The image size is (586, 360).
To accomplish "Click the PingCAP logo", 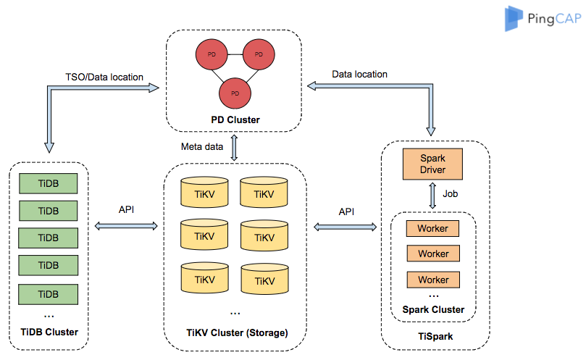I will click(x=543, y=18).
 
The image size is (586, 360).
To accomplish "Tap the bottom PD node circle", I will click(x=235, y=93).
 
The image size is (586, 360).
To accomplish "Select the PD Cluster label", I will click(x=235, y=120).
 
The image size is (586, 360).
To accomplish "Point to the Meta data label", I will click(x=201, y=147).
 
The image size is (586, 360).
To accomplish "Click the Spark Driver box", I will click(x=433, y=164).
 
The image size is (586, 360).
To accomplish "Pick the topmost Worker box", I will click(x=433, y=228).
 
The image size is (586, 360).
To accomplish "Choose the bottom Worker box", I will click(x=433, y=279).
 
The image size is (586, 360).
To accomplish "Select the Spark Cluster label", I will click(x=433, y=310).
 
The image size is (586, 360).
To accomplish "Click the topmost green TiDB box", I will click(x=48, y=183).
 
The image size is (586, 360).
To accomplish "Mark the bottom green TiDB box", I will click(x=48, y=293).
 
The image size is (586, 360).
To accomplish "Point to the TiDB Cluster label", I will click(x=49, y=332).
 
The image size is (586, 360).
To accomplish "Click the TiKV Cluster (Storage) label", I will click(x=236, y=333).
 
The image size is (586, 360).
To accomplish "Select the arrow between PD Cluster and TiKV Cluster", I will click(x=234, y=146).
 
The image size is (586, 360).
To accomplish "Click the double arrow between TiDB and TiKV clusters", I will click(x=126, y=226).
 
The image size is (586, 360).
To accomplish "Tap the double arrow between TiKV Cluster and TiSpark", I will click(x=346, y=227).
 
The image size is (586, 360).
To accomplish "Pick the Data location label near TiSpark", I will click(x=359, y=74).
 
